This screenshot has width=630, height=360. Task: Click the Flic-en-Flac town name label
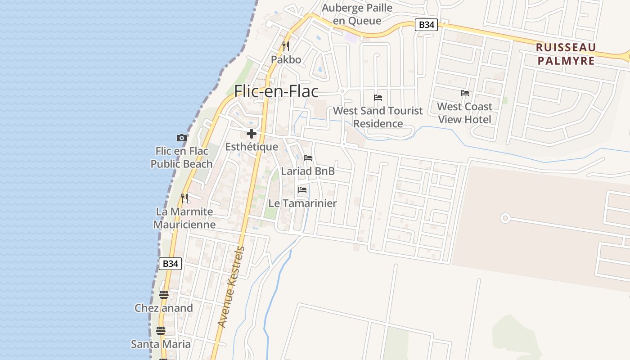pyautogui.click(x=276, y=91)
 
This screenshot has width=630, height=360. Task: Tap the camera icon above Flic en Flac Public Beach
pyautogui.click(x=181, y=138)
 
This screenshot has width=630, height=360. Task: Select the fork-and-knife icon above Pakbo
pyautogui.click(x=285, y=46)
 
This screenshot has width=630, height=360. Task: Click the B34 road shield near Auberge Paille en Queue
pyautogui.click(x=426, y=25)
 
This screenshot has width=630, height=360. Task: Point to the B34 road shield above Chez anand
pyautogui.click(x=170, y=264)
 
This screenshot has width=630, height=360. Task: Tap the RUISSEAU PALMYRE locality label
pyautogui.click(x=566, y=54)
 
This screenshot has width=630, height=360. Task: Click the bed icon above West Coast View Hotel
pyautogui.click(x=465, y=93)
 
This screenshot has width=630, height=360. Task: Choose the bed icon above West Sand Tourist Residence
pyautogui.click(x=378, y=97)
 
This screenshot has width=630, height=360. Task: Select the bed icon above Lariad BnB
pyautogui.click(x=308, y=158)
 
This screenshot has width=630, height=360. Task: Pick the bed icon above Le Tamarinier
pyautogui.click(x=302, y=190)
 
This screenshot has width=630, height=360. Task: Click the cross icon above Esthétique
pyautogui.click(x=252, y=134)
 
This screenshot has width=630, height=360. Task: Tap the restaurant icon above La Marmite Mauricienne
pyautogui.click(x=184, y=198)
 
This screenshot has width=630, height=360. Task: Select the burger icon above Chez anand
pyautogui.click(x=164, y=295)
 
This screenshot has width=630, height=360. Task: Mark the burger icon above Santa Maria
pyautogui.click(x=161, y=331)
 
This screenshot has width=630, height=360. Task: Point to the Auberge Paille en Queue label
pyautogui.click(x=358, y=14)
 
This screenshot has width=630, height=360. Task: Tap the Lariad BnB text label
pyautogui.click(x=308, y=171)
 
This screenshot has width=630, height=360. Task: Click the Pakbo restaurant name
pyautogui.click(x=286, y=59)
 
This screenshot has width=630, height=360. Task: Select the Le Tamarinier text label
pyautogui.click(x=302, y=203)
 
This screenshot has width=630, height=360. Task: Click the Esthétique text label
pyautogui.click(x=252, y=147)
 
